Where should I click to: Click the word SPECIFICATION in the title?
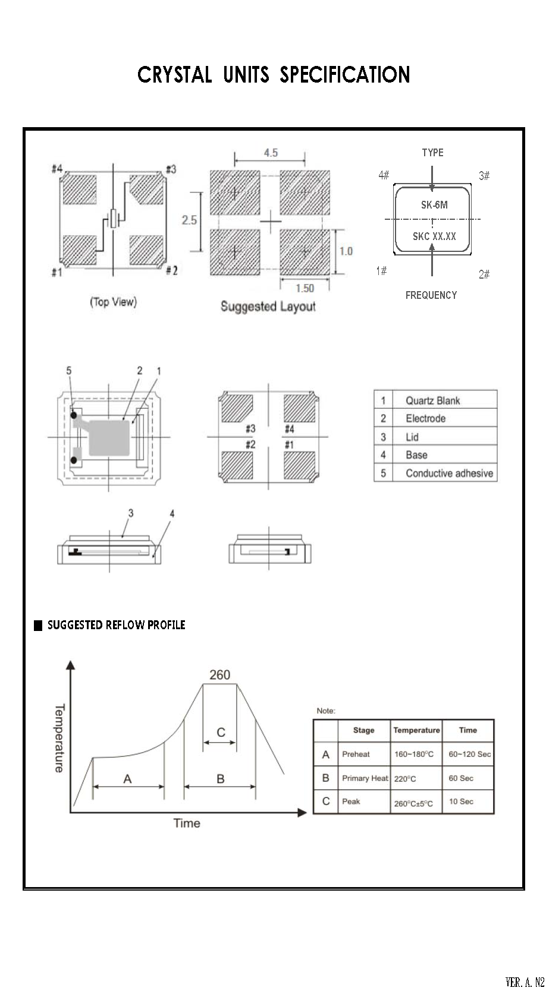[x=345, y=75]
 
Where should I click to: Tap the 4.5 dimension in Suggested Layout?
[x=271, y=153]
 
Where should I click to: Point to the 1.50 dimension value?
[x=305, y=288]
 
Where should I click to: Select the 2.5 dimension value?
[x=189, y=220]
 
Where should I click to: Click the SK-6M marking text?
[x=434, y=205]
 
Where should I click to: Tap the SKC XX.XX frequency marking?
[x=434, y=236]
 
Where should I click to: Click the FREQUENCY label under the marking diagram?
[x=431, y=295]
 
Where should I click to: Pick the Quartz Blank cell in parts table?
[x=432, y=400]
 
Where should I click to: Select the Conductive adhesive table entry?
[x=449, y=474]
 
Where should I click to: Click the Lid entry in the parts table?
[x=412, y=437]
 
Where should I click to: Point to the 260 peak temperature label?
[x=219, y=675]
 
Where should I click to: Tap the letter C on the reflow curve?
[x=221, y=732]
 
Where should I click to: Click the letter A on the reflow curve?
[x=127, y=779]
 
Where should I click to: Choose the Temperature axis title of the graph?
[x=59, y=738]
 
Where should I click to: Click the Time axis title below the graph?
[x=187, y=823]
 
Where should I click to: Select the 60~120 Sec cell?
[x=469, y=755]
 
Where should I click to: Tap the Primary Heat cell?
[x=365, y=778]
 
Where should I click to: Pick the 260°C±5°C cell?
[x=413, y=803]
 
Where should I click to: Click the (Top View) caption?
[x=113, y=302]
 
